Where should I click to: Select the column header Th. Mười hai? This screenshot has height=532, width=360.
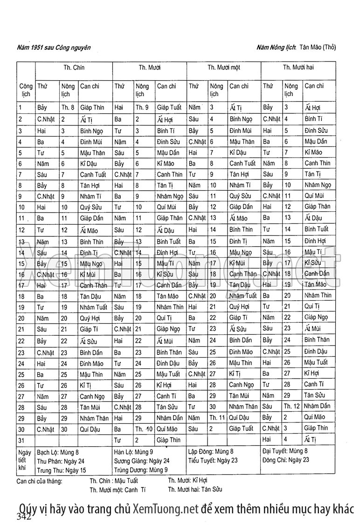298,68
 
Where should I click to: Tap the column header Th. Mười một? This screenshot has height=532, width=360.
224,68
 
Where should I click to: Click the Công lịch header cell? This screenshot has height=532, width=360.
26,90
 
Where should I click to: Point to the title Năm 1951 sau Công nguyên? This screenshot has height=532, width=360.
53,47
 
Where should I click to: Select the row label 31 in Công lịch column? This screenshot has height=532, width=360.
21,440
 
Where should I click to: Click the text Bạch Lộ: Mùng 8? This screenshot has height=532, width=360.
58,452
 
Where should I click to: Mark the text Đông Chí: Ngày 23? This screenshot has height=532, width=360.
286,460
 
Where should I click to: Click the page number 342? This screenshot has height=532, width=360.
24,516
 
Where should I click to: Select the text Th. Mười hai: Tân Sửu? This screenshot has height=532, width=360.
195,490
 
